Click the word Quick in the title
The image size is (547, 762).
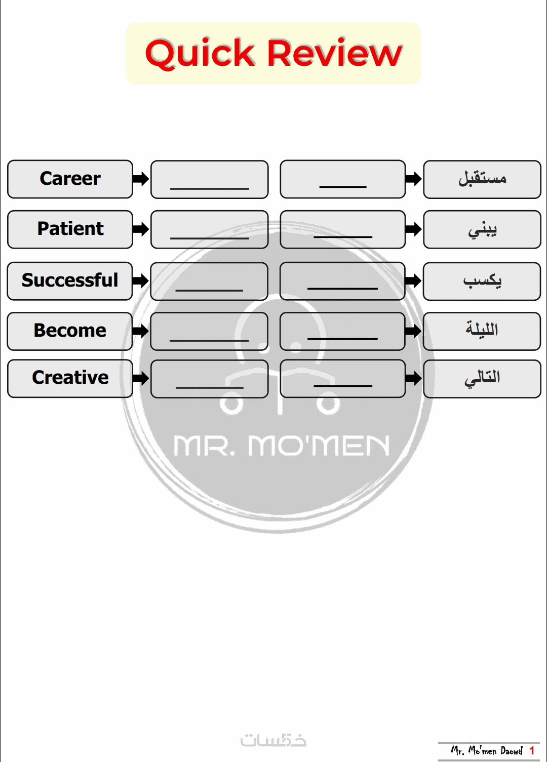point(200,53)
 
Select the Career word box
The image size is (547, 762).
point(70,179)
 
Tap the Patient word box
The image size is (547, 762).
point(70,229)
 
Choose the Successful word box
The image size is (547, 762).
point(70,281)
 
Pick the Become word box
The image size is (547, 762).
point(70,331)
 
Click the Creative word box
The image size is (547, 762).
point(70,378)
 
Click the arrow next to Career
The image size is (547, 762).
point(141,179)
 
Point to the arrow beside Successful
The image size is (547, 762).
point(141,280)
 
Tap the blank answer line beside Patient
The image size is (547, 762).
point(210,238)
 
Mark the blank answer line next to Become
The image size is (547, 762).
point(209,340)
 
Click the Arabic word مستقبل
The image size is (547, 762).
point(482,178)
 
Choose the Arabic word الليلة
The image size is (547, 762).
point(482,329)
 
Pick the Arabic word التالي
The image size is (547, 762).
point(482,378)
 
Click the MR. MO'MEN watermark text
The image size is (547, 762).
point(281,446)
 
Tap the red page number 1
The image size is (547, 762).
point(532,750)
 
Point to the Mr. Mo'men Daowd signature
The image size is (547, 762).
point(487,750)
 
